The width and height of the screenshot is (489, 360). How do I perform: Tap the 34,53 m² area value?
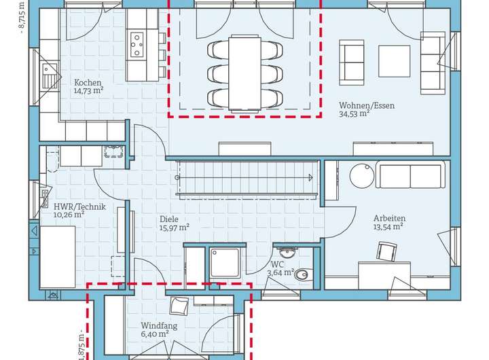pyautogui.click(x=355, y=113)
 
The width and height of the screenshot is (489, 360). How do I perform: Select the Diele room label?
pyautogui.click(x=169, y=219)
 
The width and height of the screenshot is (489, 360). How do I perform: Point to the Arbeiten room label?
pyautogui.click(x=390, y=218)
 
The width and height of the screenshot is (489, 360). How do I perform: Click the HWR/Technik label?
pyautogui.click(x=80, y=206)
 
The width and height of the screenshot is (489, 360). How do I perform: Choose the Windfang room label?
pyautogui.click(x=159, y=325)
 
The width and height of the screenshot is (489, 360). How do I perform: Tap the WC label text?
pyautogui.click(x=277, y=264)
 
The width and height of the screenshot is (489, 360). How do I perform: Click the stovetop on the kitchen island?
pyautogui.click(x=137, y=45)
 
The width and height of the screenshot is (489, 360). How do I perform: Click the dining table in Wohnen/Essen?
pyautogui.click(x=244, y=73)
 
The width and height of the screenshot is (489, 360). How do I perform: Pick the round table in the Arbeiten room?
pyautogui.click(x=362, y=176)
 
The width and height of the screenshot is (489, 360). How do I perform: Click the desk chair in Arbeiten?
pyautogui.click(x=387, y=251)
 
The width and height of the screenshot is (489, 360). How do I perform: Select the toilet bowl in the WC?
pyautogui.click(x=302, y=274)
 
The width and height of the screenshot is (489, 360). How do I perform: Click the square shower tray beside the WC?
pyautogui.click(x=225, y=262)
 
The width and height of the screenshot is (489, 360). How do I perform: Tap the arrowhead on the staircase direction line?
pyautogui.click(x=310, y=177)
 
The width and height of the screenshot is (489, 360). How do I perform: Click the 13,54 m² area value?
pyautogui.click(x=388, y=227)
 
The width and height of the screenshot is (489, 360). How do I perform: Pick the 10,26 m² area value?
pyautogui.click(x=69, y=215)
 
